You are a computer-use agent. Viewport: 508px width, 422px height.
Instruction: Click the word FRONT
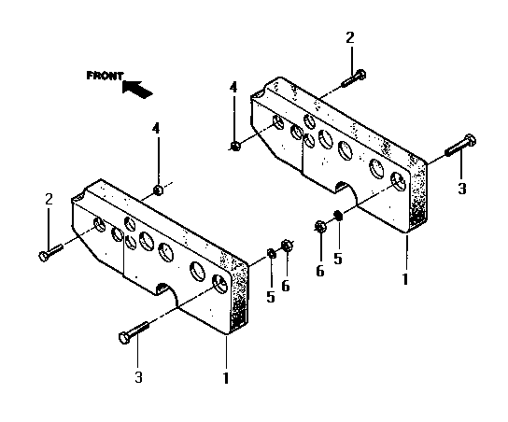tap(105, 76)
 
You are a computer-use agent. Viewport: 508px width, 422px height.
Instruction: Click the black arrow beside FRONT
tap(136, 89)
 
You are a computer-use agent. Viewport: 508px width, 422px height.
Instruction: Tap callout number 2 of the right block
tap(350, 38)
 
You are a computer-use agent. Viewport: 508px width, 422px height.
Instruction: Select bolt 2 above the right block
tap(354, 78)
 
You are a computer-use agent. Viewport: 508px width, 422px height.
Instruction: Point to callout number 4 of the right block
tap(233, 88)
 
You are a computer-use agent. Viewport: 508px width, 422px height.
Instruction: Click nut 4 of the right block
tap(235, 146)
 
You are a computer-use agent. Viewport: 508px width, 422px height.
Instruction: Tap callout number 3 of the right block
tap(462, 189)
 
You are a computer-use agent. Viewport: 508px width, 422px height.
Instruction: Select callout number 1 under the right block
tap(405, 279)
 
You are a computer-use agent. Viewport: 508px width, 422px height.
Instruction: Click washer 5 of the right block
tap(338, 216)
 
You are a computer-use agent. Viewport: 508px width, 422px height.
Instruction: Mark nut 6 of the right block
tap(320, 226)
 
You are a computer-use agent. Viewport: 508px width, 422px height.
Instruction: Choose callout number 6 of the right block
tap(320, 272)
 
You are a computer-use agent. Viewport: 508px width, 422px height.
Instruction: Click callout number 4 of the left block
tap(156, 129)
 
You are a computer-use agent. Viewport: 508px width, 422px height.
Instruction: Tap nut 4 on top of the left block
tap(158, 190)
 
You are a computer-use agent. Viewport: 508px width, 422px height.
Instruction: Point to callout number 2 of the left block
tap(49, 199)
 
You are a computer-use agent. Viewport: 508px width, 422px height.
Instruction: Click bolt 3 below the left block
tap(134, 332)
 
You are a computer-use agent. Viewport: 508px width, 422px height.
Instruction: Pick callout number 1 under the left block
tap(226, 378)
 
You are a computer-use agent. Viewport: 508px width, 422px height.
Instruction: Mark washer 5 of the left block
tap(272, 253)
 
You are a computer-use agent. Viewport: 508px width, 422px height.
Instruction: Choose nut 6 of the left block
tap(287, 246)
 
